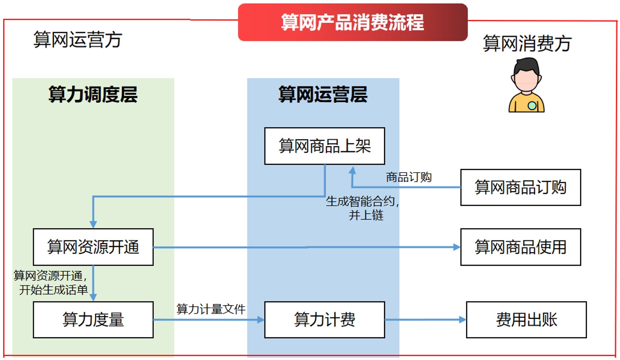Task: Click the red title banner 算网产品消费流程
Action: click(353, 22)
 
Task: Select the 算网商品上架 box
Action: click(324, 146)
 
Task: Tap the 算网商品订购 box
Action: click(520, 187)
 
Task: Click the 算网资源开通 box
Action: click(93, 247)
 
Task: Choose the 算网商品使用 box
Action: click(520, 247)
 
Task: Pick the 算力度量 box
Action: click(93, 320)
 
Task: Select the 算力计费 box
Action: click(324, 320)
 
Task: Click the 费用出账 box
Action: click(526, 320)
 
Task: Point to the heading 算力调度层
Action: click(93, 94)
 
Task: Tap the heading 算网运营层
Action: click(323, 94)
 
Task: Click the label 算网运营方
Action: click(78, 40)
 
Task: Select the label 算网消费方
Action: click(527, 43)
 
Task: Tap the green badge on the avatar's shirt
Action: click(532, 106)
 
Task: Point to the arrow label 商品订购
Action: click(409, 177)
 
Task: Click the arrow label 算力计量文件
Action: click(211, 309)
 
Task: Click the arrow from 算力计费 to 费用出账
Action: click(425, 320)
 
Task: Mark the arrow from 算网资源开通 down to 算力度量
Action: click(93, 283)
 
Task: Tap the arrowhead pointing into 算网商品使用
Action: click(457, 247)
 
